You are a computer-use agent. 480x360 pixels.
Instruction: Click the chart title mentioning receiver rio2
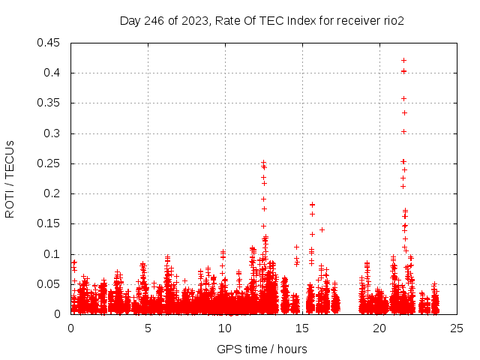click(262, 21)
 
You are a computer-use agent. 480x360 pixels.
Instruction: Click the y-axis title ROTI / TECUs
click(10, 178)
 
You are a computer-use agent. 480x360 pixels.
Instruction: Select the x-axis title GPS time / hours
click(262, 349)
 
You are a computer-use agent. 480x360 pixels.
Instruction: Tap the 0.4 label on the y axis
click(55, 73)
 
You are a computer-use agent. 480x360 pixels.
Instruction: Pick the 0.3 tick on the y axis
click(55, 133)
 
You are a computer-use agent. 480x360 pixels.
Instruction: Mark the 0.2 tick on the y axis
click(55, 193)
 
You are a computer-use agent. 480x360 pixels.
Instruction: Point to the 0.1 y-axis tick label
click(55, 254)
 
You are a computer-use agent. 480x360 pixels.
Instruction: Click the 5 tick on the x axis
click(148, 328)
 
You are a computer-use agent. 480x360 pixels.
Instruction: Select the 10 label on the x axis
click(224, 328)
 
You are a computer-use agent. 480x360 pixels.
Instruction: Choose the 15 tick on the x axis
click(301, 328)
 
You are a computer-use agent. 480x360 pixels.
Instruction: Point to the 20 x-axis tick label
click(379, 328)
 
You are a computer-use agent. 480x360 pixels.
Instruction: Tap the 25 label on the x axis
click(456, 328)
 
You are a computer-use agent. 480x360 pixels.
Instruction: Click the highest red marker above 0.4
click(403, 60)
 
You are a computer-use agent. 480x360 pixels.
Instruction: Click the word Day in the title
click(130, 21)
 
